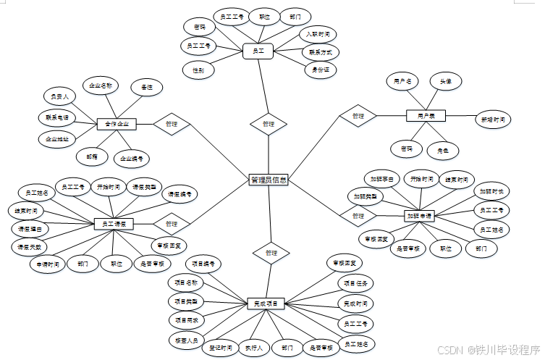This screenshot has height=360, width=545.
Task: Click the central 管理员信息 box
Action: (269, 180)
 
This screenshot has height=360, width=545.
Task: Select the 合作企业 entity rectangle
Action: (117, 124)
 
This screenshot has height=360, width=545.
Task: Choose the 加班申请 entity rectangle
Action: (418, 216)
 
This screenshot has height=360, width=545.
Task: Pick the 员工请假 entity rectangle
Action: (114, 225)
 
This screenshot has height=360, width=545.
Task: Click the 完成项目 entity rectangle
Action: (266, 303)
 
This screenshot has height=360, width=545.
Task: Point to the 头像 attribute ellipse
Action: (446, 82)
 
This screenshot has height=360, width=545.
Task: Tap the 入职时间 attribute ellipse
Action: (318, 34)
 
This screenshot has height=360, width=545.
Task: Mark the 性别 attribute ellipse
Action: (198, 70)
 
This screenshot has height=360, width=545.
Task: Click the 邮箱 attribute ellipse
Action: (92, 156)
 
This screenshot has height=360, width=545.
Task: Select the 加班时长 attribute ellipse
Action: (493, 192)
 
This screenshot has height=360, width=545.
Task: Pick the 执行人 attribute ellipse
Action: (254, 348)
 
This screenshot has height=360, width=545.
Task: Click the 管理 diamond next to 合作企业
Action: (172, 124)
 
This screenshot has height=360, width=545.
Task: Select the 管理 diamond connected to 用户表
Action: (358, 116)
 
